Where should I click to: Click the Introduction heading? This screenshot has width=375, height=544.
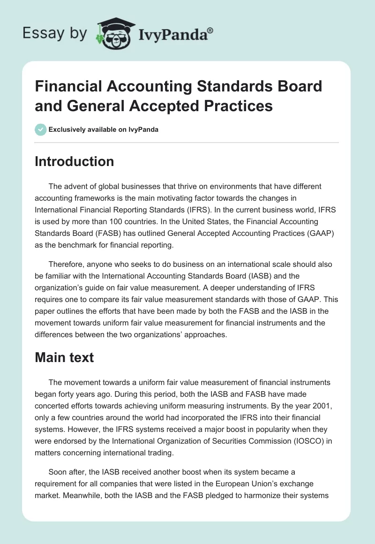(x=75, y=161)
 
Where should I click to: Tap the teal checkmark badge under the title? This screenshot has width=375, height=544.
(x=41, y=129)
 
